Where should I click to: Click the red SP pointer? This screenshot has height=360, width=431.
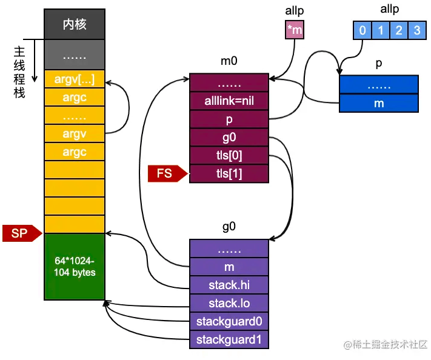pos(22,233)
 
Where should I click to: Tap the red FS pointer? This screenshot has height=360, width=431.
pos(168,173)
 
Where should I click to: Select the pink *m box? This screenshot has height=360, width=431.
pos(295,30)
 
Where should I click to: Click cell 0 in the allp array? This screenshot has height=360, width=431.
pos(363,30)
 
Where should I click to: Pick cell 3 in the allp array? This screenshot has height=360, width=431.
pos(417,30)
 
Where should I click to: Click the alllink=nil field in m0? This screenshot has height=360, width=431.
pos(229,101)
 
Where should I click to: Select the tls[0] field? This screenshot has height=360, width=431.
pos(229,156)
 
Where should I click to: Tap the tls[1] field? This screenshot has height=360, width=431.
pos(229,174)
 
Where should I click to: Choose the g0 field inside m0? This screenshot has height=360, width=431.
pos(229,138)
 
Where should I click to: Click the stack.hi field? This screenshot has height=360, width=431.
pos(229,285)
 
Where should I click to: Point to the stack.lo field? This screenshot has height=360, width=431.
pos(229,303)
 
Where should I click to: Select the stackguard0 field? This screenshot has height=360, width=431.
pos(229,321)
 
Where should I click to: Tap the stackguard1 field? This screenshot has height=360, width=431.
pos(229,339)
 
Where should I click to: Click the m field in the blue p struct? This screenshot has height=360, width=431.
pos(379,103)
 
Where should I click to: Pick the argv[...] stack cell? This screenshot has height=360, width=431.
pos(75,79)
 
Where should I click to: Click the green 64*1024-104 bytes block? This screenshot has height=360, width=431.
pos(75,267)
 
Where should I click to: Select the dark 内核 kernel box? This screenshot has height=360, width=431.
pos(75,24)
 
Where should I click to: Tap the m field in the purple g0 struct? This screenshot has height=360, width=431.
pos(229,267)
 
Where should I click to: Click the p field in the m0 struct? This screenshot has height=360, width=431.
pos(229,119)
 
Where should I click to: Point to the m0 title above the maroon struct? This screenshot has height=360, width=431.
pos(229,61)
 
